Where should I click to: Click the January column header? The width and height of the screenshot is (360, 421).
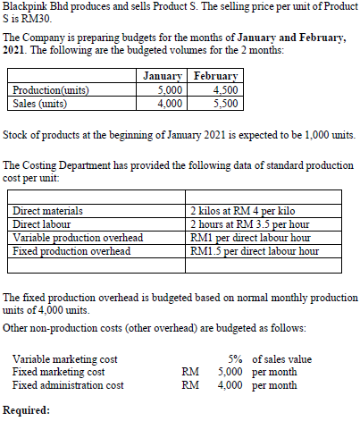163,78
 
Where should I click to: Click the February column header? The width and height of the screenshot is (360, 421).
214,78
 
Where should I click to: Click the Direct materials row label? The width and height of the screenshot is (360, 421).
48,212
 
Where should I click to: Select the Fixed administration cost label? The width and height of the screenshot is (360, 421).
68,385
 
